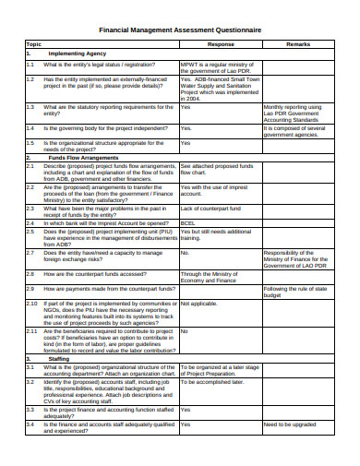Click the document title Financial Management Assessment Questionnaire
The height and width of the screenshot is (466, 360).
[x=179, y=30]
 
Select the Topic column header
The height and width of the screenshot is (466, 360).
[x=34, y=44]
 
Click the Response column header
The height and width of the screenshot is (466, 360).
[x=220, y=44]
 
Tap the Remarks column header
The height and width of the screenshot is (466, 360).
[x=297, y=44]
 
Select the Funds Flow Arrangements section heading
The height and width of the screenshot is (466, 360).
[x=82, y=159]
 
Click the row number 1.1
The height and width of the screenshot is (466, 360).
[x=30, y=65]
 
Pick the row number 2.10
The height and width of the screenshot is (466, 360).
[x=32, y=303]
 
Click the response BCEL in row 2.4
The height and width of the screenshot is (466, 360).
[x=187, y=221]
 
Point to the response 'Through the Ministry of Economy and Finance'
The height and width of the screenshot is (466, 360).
[x=212, y=277]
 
